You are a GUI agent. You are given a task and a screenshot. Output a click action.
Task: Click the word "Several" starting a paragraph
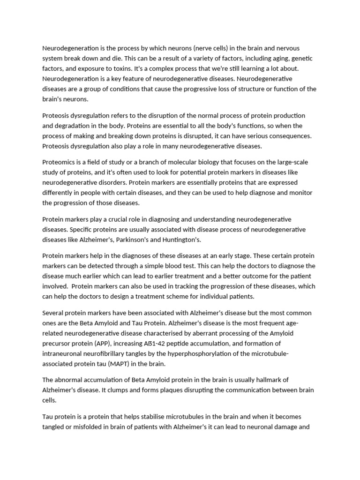(x=53, y=313)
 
